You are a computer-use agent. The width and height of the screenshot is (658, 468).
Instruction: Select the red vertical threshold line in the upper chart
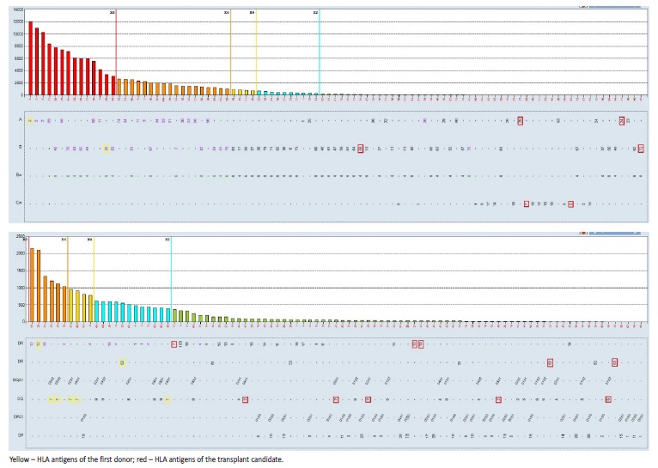click(116, 52)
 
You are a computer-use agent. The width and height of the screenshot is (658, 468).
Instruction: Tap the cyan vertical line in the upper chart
click(319, 52)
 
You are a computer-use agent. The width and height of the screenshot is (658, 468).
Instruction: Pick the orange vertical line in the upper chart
click(230, 52)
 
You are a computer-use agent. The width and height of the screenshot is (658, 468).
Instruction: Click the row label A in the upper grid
click(19, 121)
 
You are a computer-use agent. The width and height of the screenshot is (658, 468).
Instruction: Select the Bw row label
click(19, 176)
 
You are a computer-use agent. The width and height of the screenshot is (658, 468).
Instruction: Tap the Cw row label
click(19, 204)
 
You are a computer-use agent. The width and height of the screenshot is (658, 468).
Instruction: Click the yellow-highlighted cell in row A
click(30, 121)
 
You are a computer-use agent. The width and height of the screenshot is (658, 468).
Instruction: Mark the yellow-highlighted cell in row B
click(106, 149)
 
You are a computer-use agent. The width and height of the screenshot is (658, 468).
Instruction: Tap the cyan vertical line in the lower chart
click(171, 279)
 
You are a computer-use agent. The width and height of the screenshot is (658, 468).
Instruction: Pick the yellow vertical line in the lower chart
click(94, 279)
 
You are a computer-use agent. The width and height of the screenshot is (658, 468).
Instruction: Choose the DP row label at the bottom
click(20, 436)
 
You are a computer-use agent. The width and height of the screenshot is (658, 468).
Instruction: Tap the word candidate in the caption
click(264, 459)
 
